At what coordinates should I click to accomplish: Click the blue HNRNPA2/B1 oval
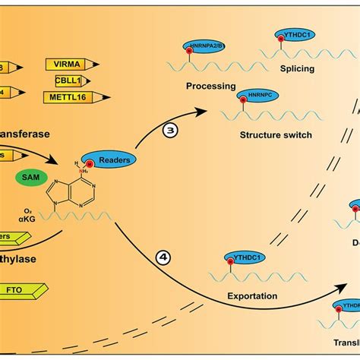203,46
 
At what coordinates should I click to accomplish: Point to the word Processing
212,86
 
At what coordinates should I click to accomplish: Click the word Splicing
297,68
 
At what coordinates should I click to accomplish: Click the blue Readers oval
111,159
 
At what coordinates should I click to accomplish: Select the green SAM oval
30,178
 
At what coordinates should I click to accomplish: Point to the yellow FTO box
23,289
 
